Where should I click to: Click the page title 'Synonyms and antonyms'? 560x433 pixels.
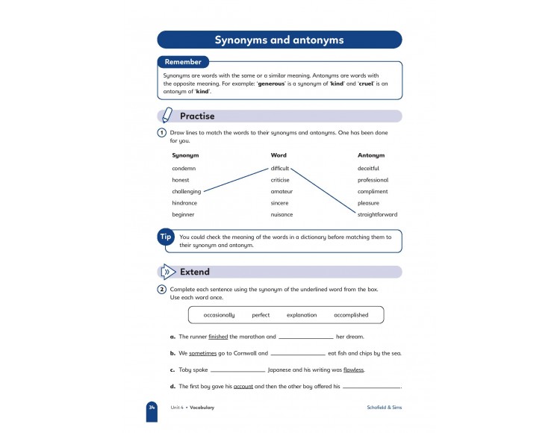[279, 40]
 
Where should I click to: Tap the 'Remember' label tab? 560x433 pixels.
[184, 62]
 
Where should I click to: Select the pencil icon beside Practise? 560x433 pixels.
[167, 116]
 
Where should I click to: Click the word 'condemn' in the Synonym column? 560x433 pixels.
[184, 168]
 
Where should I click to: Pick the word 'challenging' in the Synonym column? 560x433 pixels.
[187, 191]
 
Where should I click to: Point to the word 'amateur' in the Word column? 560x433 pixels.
[281, 191]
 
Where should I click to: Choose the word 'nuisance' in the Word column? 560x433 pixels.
[281, 214]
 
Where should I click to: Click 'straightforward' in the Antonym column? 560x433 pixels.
[378, 214]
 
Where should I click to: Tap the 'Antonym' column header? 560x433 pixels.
[371, 155]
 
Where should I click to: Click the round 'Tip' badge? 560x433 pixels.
[166, 237]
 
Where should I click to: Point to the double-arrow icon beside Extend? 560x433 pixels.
[168, 272]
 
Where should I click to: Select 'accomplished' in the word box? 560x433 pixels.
[351, 315]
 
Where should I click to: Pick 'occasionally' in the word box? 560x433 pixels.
[219, 315]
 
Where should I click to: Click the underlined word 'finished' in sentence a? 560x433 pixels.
[218, 337]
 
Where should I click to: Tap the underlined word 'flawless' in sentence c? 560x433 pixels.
[354, 370]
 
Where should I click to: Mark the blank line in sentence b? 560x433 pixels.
[297, 354]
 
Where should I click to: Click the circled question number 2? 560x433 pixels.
[161, 289]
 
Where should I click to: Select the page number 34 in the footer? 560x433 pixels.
[152, 408]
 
